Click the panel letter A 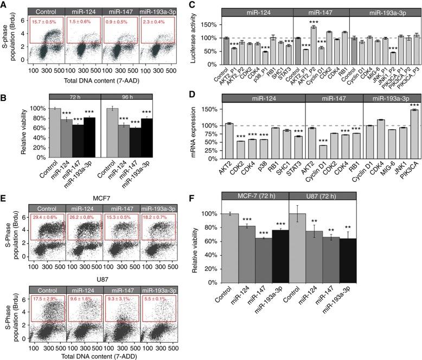(x=4, y=5)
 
